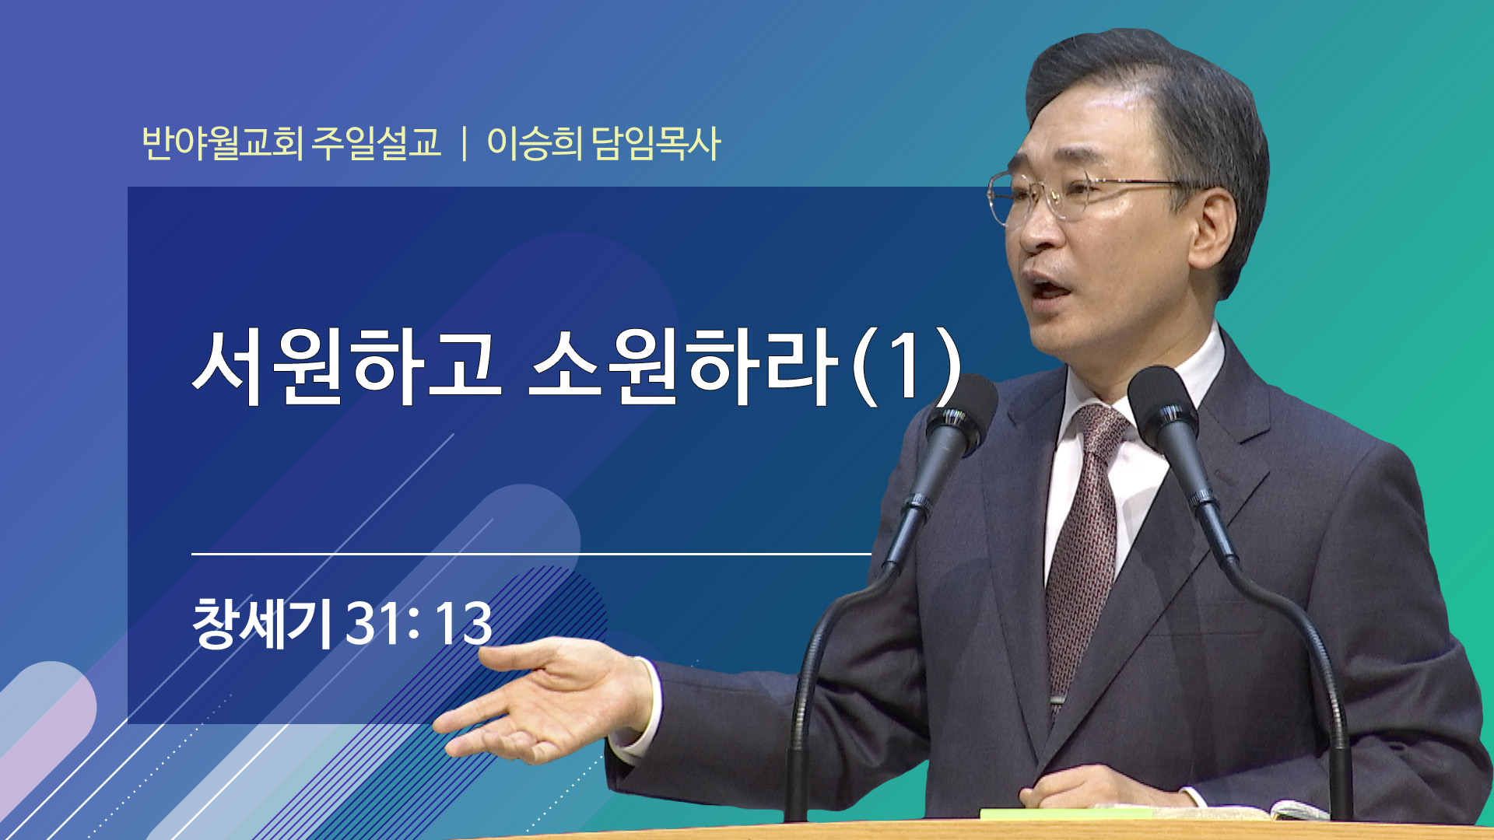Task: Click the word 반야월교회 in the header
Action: [x=222, y=143]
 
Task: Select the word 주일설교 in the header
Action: [x=377, y=143]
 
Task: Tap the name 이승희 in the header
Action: [x=534, y=143]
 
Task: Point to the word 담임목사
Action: [x=656, y=143]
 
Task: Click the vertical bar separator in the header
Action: [x=465, y=144]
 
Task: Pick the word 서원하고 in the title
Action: [x=346, y=366]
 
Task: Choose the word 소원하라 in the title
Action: [x=683, y=366]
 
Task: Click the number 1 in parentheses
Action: [x=907, y=366]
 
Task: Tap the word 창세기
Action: [x=262, y=622]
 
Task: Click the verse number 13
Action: [x=463, y=623]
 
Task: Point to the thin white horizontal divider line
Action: [x=531, y=554]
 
